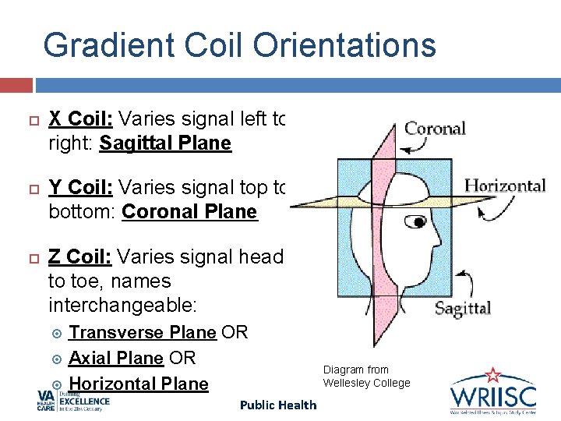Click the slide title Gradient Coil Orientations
coord(239,45)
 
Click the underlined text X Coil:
coord(81,119)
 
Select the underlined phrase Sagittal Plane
coord(165,143)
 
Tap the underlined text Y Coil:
coord(81,188)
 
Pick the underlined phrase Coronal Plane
coord(189,212)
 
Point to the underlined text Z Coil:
coord(81,256)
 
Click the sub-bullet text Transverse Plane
coord(142,333)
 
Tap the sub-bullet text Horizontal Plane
coord(138,384)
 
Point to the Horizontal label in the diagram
coord(504,186)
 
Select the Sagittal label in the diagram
coord(462,308)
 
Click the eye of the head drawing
coord(419,222)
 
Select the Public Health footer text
coord(278,405)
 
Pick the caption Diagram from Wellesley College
coord(366,376)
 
